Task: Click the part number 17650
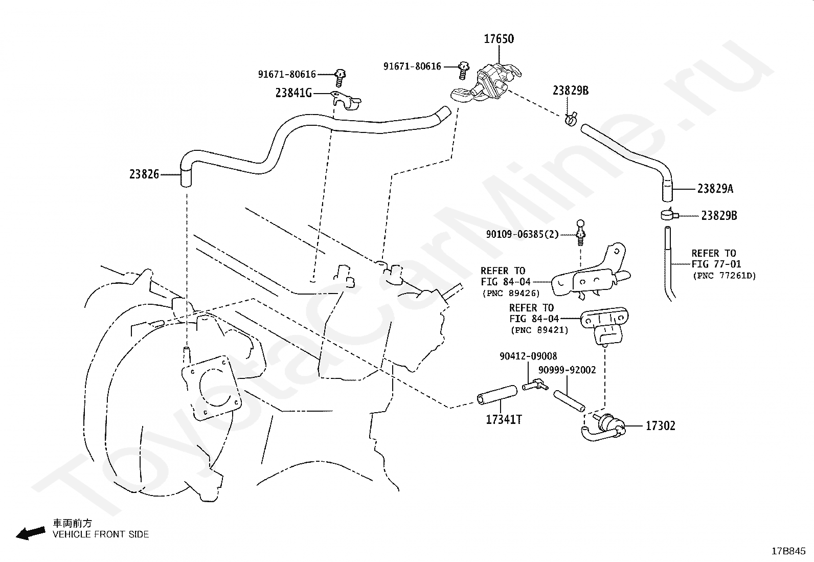[x=499, y=39]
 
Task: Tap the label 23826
[x=144, y=174]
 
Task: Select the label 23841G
[x=293, y=93]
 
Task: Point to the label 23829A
[x=715, y=189]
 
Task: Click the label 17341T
[x=504, y=419]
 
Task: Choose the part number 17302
[x=660, y=425]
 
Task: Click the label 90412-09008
[x=528, y=356]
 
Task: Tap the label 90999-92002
[x=567, y=370]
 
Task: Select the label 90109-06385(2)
[x=522, y=235]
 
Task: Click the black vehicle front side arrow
[x=31, y=533]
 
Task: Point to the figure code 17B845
[x=788, y=551]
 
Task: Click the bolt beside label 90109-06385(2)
[x=580, y=233]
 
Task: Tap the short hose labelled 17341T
[x=497, y=395]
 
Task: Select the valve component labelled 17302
[x=604, y=428]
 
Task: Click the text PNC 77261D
[x=724, y=276]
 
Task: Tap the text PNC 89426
[x=511, y=294]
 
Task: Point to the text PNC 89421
[x=539, y=330]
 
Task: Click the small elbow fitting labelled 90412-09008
[x=535, y=385]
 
